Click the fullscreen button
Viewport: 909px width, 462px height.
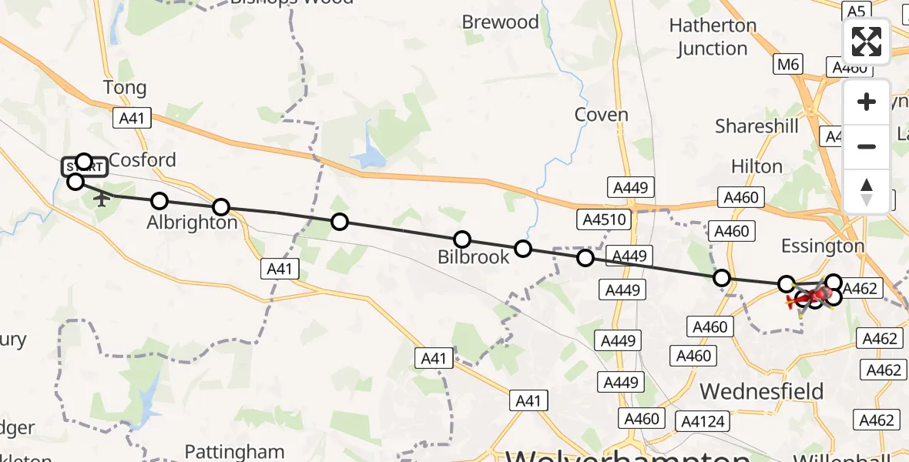(x=867, y=42)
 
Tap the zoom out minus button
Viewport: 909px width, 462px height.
(x=867, y=146)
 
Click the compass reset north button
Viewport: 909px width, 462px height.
(x=867, y=192)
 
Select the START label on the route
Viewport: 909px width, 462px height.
(x=85, y=166)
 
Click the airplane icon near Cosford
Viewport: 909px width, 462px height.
(x=101, y=199)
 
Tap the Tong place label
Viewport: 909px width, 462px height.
(x=125, y=88)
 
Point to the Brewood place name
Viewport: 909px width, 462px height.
(x=501, y=22)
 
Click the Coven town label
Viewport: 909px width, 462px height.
(x=602, y=115)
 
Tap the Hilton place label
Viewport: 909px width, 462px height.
(x=756, y=166)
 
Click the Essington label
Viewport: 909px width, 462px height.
(x=823, y=246)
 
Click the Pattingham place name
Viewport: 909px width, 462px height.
(x=235, y=451)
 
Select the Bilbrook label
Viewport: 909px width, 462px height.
(x=474, y=257)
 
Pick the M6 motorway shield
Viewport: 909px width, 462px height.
(x=788, y=65)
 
